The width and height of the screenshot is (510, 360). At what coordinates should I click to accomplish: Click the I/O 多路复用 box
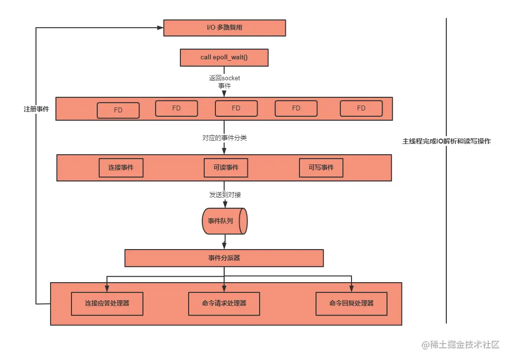point(225,28)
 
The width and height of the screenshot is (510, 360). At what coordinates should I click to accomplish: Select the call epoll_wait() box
point(224,57)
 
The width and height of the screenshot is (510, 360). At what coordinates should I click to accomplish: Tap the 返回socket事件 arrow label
point(225,82)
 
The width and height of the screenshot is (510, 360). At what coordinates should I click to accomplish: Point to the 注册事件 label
point(36,109)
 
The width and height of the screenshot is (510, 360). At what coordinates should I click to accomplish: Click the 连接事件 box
point(121,168)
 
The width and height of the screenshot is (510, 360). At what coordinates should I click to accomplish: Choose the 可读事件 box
point(226,168)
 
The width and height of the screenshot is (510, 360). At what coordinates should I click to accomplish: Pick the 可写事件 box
point(321,168)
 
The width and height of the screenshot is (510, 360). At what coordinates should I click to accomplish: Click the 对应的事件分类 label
point(225,138)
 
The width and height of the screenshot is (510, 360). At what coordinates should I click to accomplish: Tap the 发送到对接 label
point(225,195)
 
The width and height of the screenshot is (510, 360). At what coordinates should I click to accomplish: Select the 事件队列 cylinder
point(225,221)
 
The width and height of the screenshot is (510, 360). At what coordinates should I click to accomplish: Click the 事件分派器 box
point(224,258)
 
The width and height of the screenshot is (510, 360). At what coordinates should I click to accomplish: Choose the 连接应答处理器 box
point(107,304)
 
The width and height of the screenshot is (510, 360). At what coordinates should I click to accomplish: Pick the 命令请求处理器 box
point(224,304)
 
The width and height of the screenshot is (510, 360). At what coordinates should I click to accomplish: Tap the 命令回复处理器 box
point(352,304)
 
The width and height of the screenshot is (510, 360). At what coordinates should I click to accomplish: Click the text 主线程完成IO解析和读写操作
point(446,141)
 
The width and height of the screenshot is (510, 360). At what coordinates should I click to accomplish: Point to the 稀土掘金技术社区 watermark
point(460,344)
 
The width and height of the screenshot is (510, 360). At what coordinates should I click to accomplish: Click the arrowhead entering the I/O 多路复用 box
point(160,28)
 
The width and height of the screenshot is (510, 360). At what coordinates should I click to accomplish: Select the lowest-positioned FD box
point(118,110)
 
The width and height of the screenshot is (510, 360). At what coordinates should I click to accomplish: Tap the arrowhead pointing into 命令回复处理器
point(352,289)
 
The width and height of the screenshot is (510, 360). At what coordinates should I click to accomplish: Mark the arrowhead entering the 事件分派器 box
point(224,246)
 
